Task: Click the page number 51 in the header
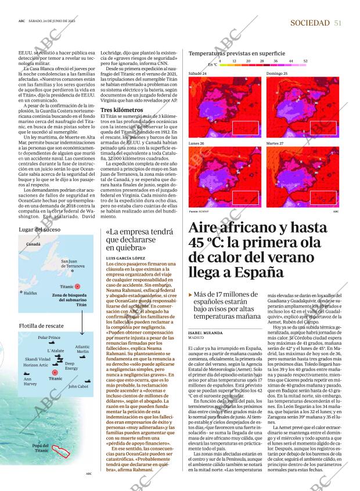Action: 337,23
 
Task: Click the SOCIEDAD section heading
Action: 311,23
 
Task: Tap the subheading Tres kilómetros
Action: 121,110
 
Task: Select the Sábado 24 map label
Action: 198,74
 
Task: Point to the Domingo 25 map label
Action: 276,74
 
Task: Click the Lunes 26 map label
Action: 197,143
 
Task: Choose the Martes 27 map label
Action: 275,143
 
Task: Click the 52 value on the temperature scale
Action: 305,60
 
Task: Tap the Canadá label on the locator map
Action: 33,244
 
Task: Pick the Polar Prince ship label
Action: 49,337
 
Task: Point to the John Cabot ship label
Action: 78,386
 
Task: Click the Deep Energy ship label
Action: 71,366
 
